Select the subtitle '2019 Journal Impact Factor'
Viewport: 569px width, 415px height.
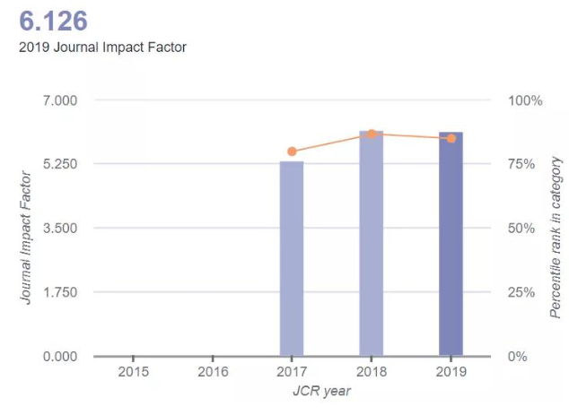click(x=102, y=47)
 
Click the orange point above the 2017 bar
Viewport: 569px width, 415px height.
click(x=292, y=151)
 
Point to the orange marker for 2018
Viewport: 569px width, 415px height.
click(x=372, y=134)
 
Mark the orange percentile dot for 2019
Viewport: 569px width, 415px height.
click(x=451, y=138)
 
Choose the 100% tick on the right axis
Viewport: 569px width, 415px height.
click(x=525, y=99)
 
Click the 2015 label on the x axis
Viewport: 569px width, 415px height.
click(x=133, y=371)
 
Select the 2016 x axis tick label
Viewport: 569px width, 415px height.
click(x=212, y=371)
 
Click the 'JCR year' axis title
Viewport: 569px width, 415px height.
click(x=321, y=391)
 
